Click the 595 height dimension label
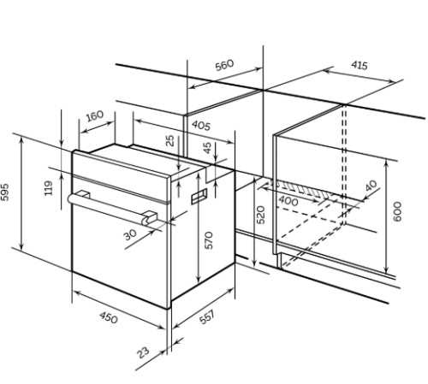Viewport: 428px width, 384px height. pyautogui.click(x=5, y=192)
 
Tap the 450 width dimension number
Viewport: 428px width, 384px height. pyautogui.click(x=109, y=317)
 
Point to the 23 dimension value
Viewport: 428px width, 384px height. pyautogui.click(x=143, y=352)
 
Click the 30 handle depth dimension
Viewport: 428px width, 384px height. pyautogui.click(x=130, y=234)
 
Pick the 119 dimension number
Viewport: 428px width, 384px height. pyautogui.click(x=49, y=188)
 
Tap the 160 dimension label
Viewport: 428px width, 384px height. pyautogui.click(x=94, y=115)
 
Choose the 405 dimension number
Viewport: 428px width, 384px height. pyautogui.click(x=201, y=126)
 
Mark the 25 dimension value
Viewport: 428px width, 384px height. pyautogui.click(x=169, y=140)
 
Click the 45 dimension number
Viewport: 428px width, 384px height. pyautogui.click(x=207, y=148)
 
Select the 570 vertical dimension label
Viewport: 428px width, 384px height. pyautogui.click(x=209, y=240)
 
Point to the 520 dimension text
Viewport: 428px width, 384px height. pyautogui.click(x=260, y=215)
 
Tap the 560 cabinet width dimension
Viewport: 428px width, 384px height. pyautogui.click(x=224, y=65)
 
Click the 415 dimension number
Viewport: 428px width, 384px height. pyautogui.click(x=360, y=65)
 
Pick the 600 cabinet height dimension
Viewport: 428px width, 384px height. pyautogui.click(x=397, y=211)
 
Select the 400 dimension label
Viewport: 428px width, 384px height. pyautogui.click(x=288, y=201)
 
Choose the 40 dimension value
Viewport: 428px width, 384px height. pyautogui.click(x=372, y=186)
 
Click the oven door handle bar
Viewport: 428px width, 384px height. pyautogui.click(x=112, y=208)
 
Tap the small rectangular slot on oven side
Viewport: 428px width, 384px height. pyautogui.click(x=199, y=196)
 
